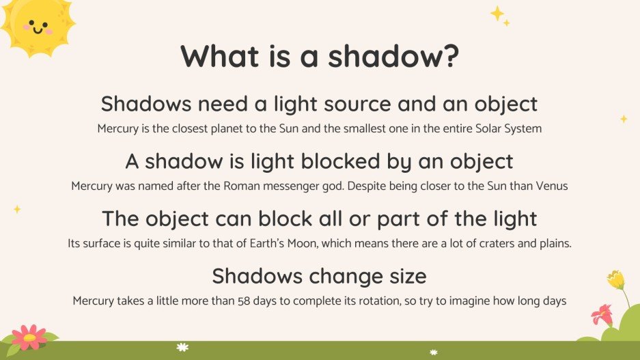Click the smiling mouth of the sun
click(37, 30)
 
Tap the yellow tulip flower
click(615, 279)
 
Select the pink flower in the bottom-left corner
click(29, 337)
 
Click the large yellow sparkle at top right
click(497, 14)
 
